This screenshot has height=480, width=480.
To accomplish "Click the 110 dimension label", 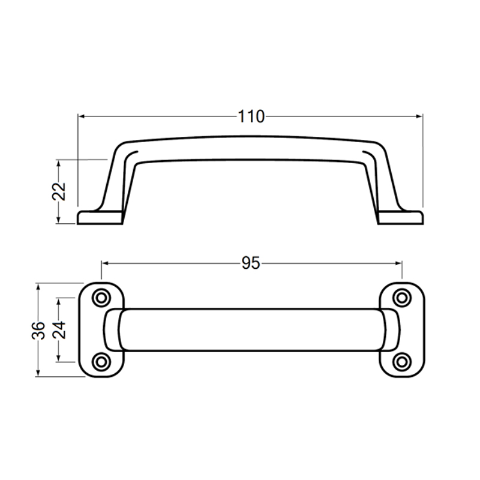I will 251,116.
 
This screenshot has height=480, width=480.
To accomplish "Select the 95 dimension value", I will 251,263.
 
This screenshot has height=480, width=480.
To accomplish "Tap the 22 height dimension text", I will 58,191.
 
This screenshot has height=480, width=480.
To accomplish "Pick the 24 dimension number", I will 58,330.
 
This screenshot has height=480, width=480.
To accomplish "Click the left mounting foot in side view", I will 99,217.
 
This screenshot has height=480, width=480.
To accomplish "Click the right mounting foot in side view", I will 402,217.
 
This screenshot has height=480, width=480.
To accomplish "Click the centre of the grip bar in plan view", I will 251,329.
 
